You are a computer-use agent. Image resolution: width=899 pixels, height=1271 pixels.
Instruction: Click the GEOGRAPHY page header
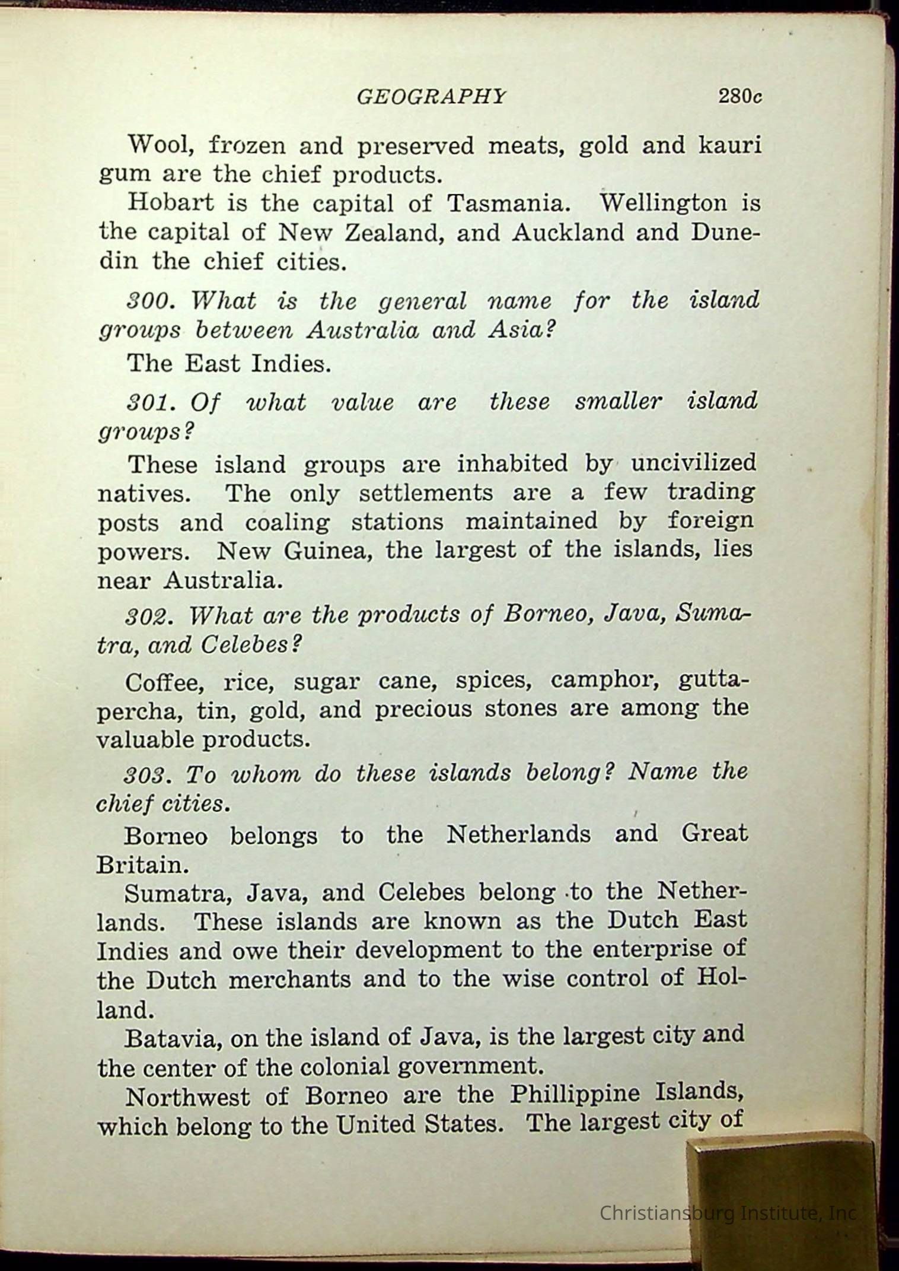pos(431,97)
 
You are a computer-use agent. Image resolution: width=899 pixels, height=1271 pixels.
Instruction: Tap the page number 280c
pos(739,96)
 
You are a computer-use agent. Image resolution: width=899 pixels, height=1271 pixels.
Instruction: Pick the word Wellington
pos(663,203)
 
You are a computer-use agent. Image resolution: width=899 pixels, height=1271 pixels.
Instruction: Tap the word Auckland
pos(568,232)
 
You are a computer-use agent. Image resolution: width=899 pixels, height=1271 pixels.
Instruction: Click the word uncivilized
pos(693,463)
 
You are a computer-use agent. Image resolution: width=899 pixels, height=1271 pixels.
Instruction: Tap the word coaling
pos(287,523)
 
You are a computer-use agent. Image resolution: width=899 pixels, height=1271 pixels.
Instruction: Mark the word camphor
pos(605,679)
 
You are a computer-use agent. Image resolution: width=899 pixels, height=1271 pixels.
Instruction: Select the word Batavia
pos(174,1038)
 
